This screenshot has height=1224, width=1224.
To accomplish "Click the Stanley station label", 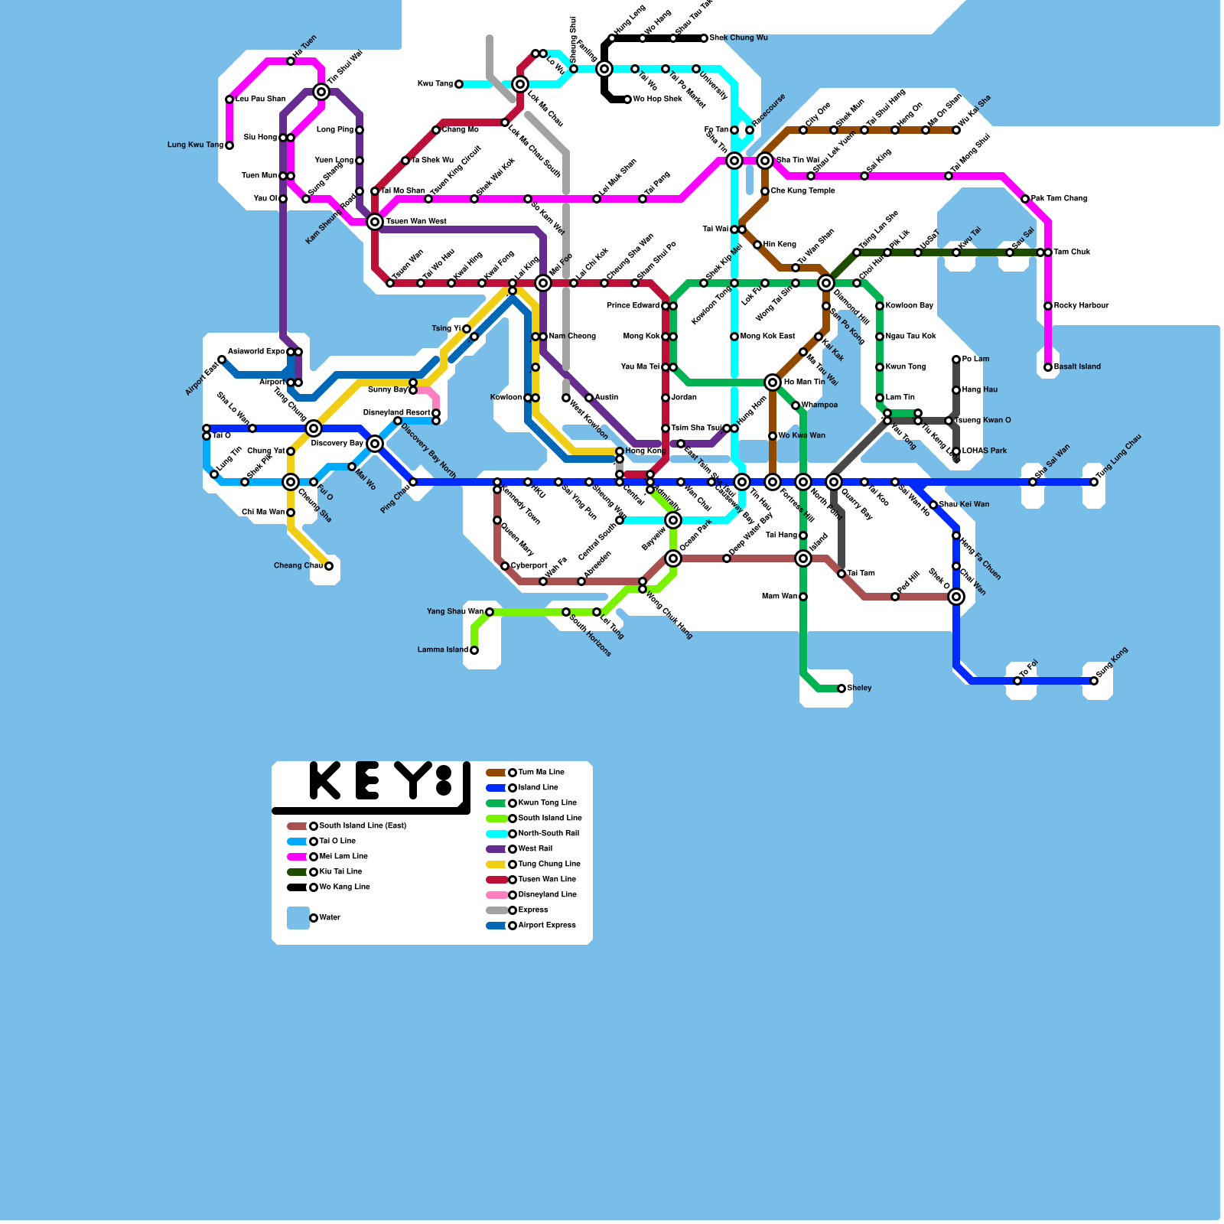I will (x=860, y=688).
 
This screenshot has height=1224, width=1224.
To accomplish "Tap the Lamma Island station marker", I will (x=474, y=650).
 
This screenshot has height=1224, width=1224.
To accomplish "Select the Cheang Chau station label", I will (x=298, y=565).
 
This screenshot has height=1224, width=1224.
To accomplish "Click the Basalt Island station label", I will (x=1077, y=366).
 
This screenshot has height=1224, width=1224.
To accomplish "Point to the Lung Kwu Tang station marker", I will (x=229, y=145).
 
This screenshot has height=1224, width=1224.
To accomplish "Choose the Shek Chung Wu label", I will (x=738, y=37).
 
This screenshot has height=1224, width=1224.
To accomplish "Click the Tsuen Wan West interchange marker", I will (x=375, y=222).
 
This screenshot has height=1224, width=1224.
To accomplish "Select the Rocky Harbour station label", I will (x=1081, y=305).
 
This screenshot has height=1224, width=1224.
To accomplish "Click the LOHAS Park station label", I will (x=984, y=451).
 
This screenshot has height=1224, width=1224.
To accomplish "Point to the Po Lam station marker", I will (x=956, y=360).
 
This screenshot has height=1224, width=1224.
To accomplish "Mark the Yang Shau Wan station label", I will (x=455, y=611).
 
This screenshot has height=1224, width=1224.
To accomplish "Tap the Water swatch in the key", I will (x=298, y=918).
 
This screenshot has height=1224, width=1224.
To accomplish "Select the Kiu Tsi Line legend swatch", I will (x=297, y=872).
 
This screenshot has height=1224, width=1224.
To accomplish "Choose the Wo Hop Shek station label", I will (x=657, y=99).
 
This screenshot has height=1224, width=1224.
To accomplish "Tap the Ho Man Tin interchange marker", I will (x=773, y=382).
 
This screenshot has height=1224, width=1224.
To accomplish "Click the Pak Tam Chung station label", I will (x=1059, y=198).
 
